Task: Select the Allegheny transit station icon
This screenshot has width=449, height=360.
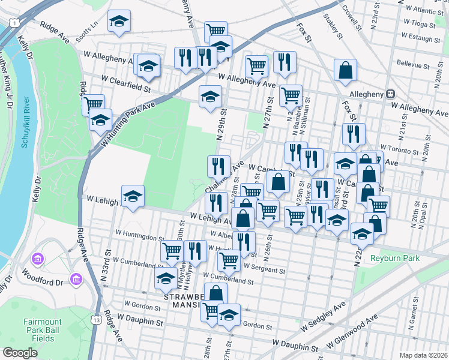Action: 390,94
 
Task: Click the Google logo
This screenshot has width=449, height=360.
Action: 20,353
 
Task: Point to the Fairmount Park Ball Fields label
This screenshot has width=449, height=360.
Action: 43,329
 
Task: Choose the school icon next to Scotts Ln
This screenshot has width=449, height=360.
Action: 119,21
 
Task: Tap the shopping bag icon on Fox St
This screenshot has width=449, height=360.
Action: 346,70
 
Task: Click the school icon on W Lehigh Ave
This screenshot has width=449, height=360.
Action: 133,196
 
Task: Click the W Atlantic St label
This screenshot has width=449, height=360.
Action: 423,11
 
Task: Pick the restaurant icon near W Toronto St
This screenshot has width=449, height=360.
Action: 354,134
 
